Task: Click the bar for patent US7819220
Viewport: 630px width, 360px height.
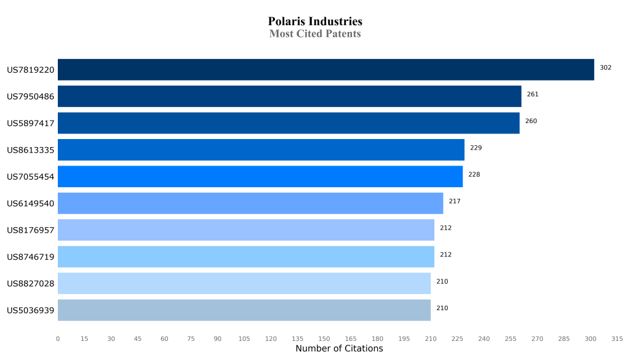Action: tap(326, 70)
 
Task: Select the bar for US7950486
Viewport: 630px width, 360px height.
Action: tap(290, 96)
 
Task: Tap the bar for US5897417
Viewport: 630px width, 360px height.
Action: tap(289, 123)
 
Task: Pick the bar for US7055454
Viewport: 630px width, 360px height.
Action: tap(260, 177)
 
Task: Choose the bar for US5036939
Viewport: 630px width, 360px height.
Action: tap(244, 310)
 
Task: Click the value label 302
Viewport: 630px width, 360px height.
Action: tap(605, 68)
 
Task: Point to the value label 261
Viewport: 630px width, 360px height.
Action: tap(533, 94)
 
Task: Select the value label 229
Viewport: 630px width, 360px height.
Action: tap(476, 148)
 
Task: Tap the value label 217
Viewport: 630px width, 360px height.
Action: tap(455, 201)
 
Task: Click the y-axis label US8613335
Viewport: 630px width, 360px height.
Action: tap(31, 150)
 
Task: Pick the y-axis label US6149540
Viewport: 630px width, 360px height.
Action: tap(31, 203)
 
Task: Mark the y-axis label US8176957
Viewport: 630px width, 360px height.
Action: tap(31, 230)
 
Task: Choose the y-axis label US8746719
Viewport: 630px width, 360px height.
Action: tap(31, 257)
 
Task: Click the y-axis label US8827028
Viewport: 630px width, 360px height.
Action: tap(31, 284)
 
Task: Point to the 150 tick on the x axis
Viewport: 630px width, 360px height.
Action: tap(324, 338)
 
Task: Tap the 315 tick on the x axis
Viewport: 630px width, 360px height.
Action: tap(617, 338)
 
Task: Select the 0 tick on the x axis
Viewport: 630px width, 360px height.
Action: tap(58, 338)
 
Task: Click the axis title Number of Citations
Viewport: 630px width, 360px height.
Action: tap(339, 349)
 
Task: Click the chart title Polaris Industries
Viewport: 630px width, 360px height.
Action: tap(315, 22)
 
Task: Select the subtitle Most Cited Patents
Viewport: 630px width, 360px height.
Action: tap(315, 34)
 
